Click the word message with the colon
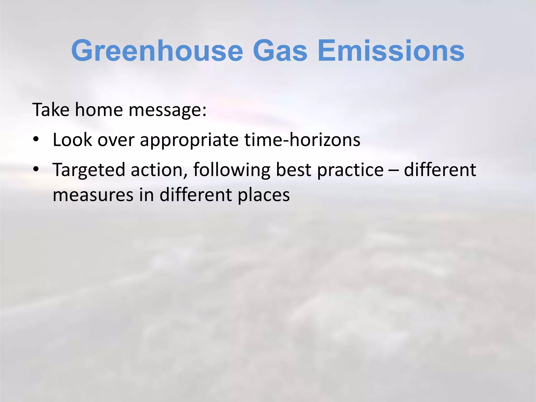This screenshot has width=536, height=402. [x=167, y=110]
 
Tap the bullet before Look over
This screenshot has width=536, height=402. [x=36, y=139]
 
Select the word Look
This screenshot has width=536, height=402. [x=72, y=139]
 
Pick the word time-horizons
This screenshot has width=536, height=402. [x=302, y=139]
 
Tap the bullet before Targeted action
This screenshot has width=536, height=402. [x=36, y=169]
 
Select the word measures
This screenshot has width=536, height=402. [x=93, y=195]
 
